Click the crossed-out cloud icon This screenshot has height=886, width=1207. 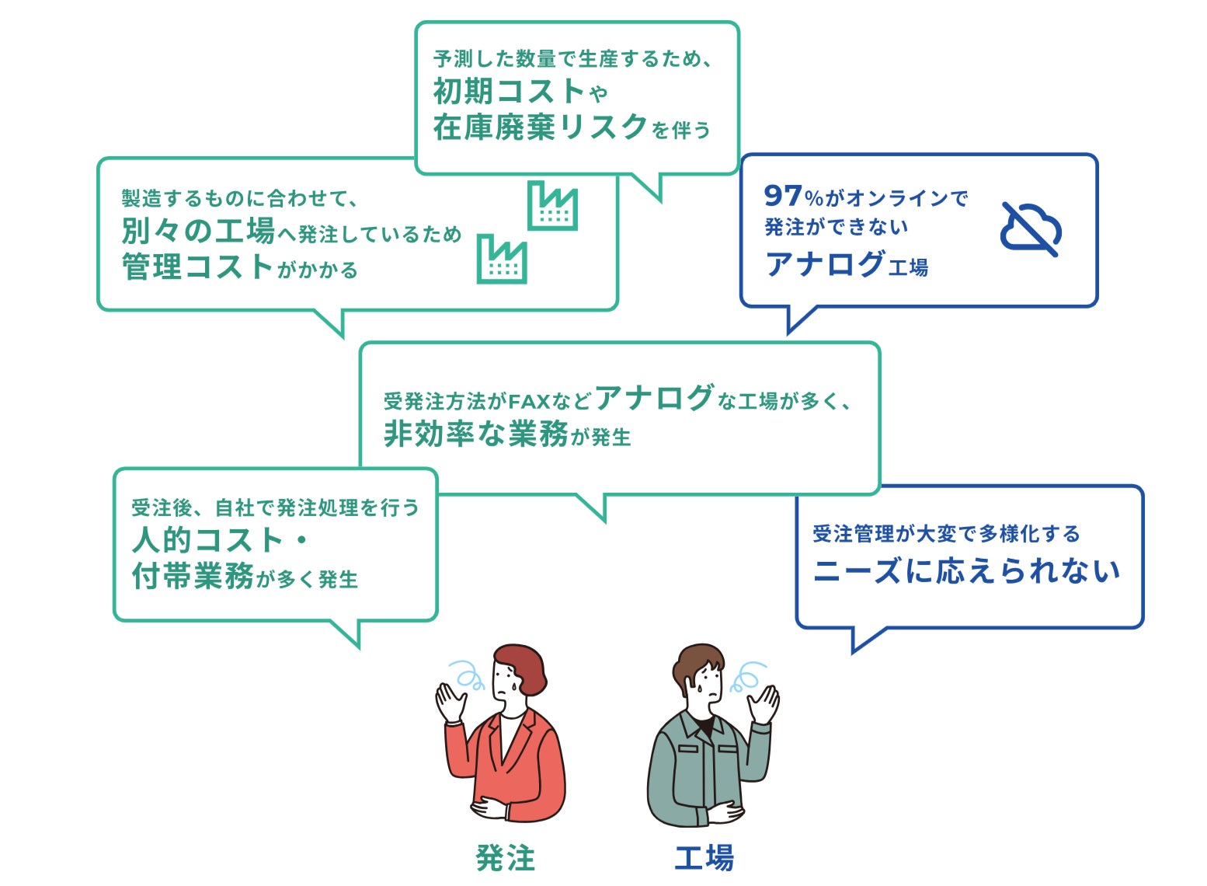tap(1031, 229)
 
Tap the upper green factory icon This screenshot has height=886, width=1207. tap(552, 205)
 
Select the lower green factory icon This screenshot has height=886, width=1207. tap(501, 259)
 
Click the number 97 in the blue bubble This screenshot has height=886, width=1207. tap(782, 195)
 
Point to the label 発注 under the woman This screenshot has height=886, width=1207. tap(505, 858)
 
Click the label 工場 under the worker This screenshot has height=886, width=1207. tap(704, 858)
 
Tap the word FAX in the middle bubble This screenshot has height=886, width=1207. tap(529, 402)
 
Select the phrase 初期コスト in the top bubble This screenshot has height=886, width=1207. tap(509, 92)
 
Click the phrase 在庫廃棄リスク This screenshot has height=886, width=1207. tap(540, 127)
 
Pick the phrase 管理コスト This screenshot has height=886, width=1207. tap(197, 267)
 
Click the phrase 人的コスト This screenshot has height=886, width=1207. tap(207, 539)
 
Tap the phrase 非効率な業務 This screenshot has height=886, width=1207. tap(476, 434)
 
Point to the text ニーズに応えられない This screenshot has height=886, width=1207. tap(966, 571)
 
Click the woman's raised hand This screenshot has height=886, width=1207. tap(450, 701)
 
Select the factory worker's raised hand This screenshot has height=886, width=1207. tap(764, 704)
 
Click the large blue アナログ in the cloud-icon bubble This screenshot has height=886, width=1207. tap(825, 263)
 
